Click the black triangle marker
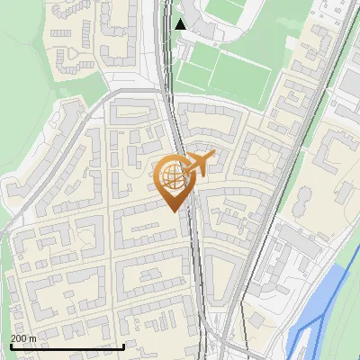181,24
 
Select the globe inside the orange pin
172,176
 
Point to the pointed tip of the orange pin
174,211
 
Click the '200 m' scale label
22,338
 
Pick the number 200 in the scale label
18,338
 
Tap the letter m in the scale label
31,338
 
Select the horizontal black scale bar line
67,346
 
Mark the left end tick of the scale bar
11,345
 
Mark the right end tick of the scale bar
123,345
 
